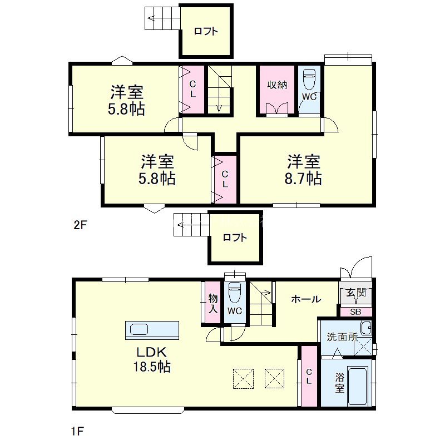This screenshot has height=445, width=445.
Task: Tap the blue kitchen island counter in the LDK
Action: click(x=152, y=329)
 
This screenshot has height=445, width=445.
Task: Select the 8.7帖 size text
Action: click(x=303, y=179)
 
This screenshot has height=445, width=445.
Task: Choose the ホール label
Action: click(x=306, y=299)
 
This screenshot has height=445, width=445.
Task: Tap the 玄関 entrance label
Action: click(x=356, y=293)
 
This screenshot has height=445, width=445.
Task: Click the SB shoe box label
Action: click(x=355, y=311)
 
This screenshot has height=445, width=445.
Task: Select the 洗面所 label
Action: click(x=341, y=337)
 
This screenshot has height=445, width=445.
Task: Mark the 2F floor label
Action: click(x=81, y=225)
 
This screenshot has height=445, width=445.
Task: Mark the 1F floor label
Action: click(x=78, y=430)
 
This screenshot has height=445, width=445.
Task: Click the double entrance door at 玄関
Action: click(x=356, y=269)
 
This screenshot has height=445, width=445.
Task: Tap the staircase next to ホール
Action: click(x=260, y=304)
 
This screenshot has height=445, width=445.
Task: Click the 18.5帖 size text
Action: click(x=151, y=367)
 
